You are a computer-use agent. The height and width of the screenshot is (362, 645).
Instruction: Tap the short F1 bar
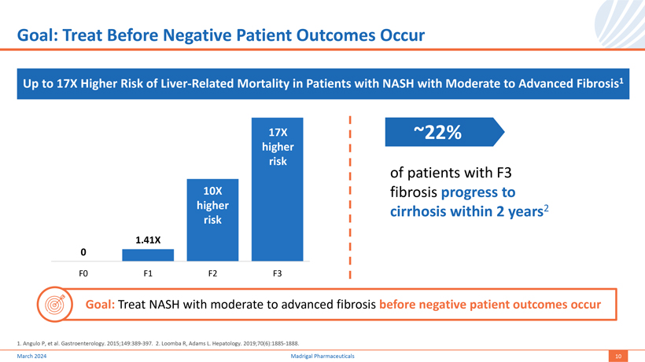tap(147, 254)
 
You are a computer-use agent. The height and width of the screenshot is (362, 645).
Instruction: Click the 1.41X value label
tap(147, 239)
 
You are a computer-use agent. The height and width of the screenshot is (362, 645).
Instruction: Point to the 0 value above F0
tap(83, 251)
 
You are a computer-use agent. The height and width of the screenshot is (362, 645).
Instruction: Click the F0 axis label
tap(83, 273)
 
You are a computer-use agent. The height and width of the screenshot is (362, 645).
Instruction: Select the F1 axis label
tap(147, 273)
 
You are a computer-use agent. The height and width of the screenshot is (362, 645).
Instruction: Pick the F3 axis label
tap(277, 273)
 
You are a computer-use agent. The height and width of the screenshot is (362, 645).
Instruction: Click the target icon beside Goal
tap(55, 304)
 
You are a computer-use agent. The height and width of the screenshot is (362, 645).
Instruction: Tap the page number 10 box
tap(619, 356)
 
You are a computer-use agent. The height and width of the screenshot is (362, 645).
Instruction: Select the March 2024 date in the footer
tap(31, 356)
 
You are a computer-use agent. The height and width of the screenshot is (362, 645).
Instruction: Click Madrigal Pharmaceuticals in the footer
tap(322, 356)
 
